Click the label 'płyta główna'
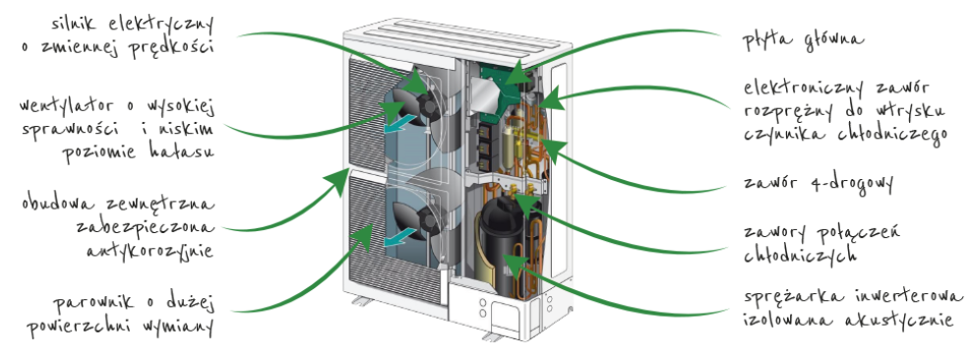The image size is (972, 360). pyautogui.click(x=804, y=39)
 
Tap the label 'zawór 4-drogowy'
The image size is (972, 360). pyautogui.click(x=819, y=183)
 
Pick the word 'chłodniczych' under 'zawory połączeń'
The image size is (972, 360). pyautogui.click(x=800, y=254)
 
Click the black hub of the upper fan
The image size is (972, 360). pyautogui.click(x=429, y=104)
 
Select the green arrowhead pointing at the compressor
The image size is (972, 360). pyautogui.click(x=514, y=262)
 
